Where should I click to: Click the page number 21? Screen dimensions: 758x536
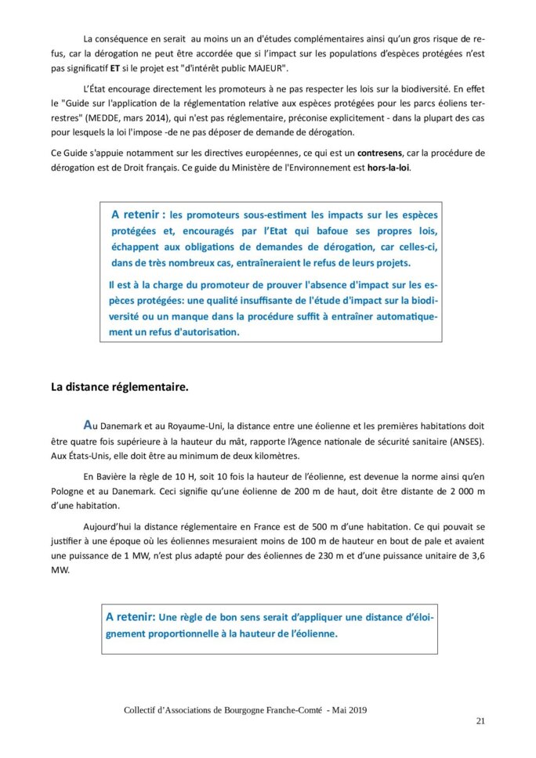(x=480, y=720)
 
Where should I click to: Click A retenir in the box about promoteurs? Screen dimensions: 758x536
(x=137, y=214)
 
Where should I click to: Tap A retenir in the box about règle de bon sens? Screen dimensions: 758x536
(x=131, y=616)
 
